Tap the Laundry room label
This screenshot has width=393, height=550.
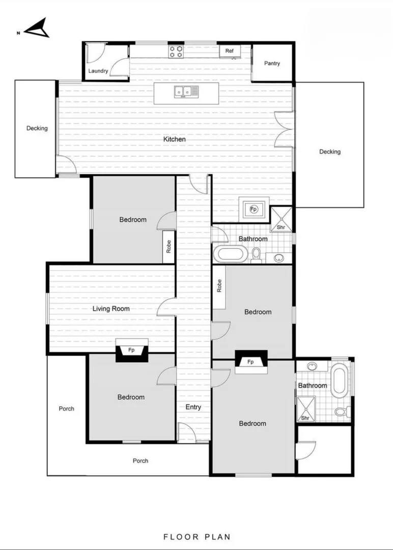(x=98, y=71)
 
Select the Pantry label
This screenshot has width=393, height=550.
(x=272, y=63)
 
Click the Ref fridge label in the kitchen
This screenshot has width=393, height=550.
(x=230, y=51)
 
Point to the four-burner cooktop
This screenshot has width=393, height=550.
(x=176, y=51)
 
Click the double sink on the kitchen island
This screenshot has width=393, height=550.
(x=182, y=92)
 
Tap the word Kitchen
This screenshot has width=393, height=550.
(x=174, y=139)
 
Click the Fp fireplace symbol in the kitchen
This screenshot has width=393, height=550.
(x=254, y=209)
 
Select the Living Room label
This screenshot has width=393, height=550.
(x=111, y=309)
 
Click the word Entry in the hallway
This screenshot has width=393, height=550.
(x=193, y=407)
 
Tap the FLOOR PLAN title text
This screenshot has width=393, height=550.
(x=196, y=536)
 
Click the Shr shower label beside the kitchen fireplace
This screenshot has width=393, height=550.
(x=281, y=227)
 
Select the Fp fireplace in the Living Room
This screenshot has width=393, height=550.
(x=131, y=350)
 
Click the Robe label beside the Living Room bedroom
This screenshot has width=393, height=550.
(x=169, y=247)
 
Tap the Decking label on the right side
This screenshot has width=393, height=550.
(x=330, y=151)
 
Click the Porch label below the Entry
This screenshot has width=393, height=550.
(x=141, y=460)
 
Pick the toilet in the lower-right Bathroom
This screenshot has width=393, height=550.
(x=341, y=410)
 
